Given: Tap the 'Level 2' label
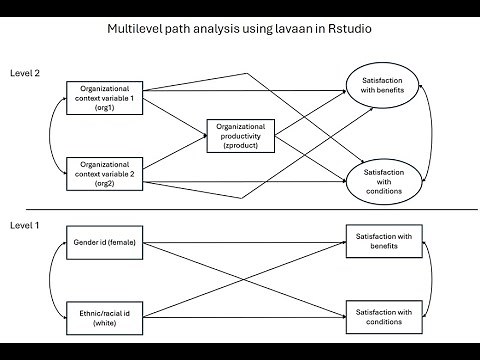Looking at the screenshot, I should pyautogui.click(x=25, y=73).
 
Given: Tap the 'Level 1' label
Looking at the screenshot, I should pyautogui.click(x=25, y=225).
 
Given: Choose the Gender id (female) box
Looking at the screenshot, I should pyautogui.click(x=105, y=243).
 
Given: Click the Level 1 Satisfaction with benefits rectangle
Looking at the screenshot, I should pyautogui.click(x=384, y=242).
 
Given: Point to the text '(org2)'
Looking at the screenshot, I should pyautogui.click(x=105, y=185).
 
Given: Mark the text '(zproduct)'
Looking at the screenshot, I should pyautogui.click(x=239, y=147).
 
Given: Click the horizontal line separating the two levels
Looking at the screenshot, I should pyautogui.click(x=240, y=208).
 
